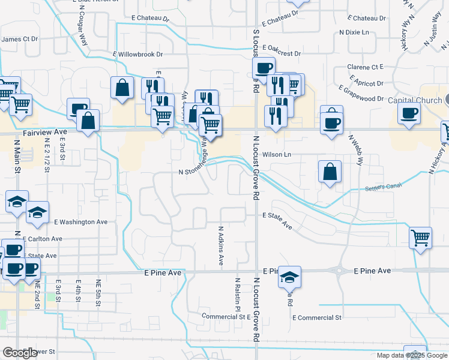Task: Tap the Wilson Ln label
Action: [x=279, y=154]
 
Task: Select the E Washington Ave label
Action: [x=80, y=222]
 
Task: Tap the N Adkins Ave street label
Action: [x=221, y=245]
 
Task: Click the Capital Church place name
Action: [x=415, y=100]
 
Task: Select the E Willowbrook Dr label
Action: [x=138, y=54]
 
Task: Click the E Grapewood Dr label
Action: [x=361, y=94]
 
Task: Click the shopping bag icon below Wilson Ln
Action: [x=330, y=172]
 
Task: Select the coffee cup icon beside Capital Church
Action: [x=409, y=113]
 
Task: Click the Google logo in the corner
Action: [x=20, y=353]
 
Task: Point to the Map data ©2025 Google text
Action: [x=411, y=355]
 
